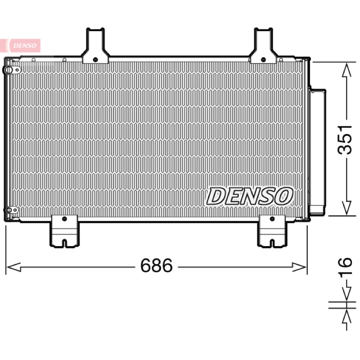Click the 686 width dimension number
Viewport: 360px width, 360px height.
point(156,265)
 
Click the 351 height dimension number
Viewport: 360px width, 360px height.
point(345,139)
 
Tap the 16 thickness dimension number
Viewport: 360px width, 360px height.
point(345,266)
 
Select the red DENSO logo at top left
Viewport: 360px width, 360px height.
point(20,45)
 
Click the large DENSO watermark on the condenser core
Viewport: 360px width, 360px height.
point(250,196)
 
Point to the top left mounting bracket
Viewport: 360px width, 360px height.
point(95,46)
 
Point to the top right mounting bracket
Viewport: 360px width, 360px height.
point(263,46)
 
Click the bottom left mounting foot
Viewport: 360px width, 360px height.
point(64,231)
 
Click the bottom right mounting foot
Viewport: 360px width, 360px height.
point(272,231)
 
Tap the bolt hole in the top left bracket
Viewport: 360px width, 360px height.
point(95,60)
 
